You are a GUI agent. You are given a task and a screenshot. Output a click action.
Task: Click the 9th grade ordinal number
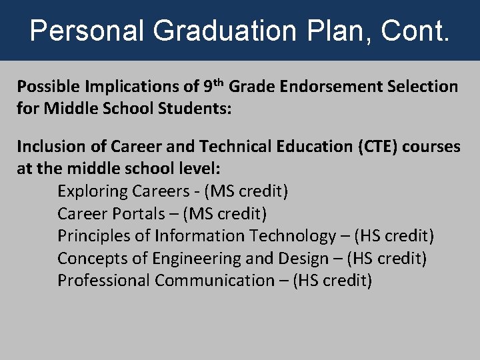[213, 86]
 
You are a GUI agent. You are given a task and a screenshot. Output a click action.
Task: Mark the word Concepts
[87, 258]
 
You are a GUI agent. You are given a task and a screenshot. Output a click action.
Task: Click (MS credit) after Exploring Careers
[246, 191]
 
